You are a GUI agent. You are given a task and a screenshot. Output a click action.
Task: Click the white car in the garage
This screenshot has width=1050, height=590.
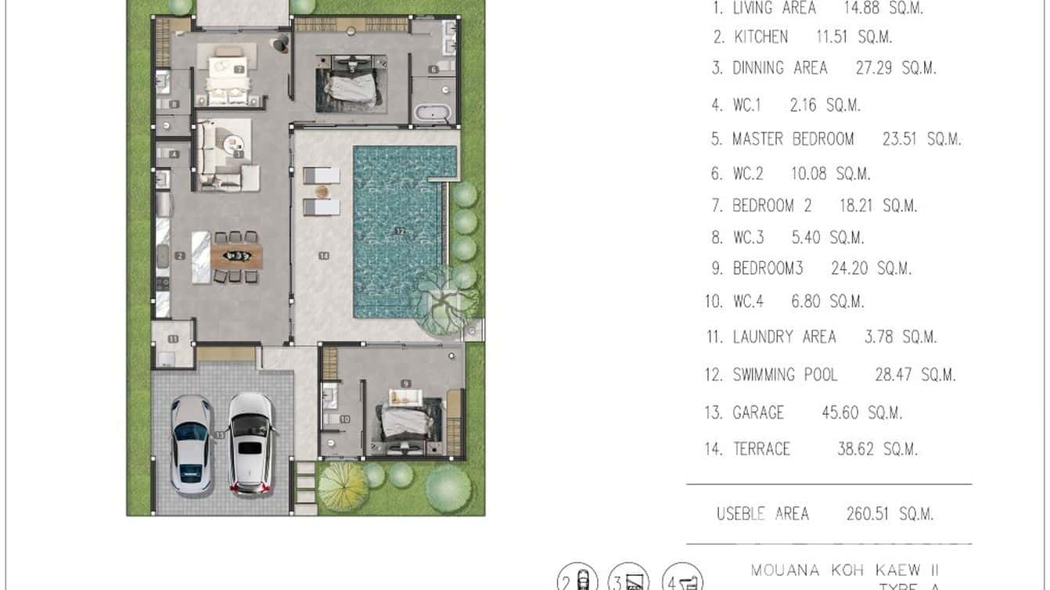250,443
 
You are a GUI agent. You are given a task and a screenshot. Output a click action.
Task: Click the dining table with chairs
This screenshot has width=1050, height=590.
237,255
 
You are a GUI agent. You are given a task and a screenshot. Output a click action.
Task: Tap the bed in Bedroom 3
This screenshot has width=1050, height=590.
407,419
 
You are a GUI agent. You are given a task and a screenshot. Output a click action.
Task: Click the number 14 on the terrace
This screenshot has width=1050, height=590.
323,256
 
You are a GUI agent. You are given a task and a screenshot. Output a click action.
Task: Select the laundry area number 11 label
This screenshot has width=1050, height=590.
172,339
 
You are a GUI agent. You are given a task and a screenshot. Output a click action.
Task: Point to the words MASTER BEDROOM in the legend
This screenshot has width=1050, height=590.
793,139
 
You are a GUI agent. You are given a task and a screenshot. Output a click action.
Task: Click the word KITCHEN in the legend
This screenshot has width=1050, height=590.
761,37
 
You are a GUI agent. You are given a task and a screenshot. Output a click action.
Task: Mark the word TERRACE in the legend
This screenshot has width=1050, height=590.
761,449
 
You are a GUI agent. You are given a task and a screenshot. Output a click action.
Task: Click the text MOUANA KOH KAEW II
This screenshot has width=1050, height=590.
844,570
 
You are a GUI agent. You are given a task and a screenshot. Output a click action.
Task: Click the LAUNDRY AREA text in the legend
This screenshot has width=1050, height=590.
784,337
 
